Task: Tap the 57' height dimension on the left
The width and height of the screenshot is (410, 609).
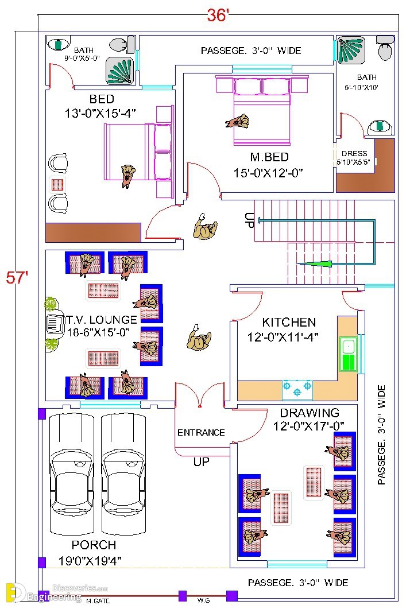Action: [x=17, y=278]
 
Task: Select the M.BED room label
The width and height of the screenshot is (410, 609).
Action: [x=269, y=157]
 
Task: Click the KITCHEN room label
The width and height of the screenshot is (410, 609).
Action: [x=289, y=323]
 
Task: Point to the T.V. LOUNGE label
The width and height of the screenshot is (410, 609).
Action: [x=102, y=320]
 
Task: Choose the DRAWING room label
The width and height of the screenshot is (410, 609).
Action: [x=310, y=413]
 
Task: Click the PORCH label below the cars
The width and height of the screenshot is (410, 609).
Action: [x=94, y=545]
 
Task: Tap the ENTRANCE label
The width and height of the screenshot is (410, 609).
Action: [x=201, y=432]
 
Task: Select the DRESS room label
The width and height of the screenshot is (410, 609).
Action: [x=354, y=153]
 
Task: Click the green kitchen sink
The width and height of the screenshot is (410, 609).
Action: [x=348, y=354]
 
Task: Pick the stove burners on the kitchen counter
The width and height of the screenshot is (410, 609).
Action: [x=297, y=390]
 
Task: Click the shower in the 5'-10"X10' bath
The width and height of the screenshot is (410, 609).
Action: [x=351, y=50]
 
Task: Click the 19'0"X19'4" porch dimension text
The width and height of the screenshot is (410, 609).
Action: [x=90, y=561]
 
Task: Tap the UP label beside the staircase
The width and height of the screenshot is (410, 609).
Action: [x=249, y=220]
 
